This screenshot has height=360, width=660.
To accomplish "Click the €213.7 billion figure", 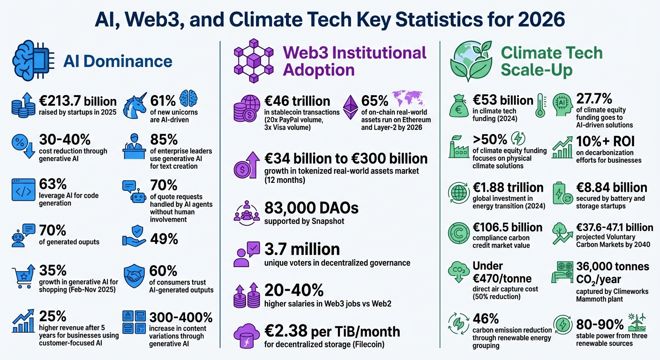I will point(77,101).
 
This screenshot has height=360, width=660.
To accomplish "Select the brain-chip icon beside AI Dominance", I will point(34,60).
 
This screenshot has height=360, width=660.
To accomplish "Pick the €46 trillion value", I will point(297,101).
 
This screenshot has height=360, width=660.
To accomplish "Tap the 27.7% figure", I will point(594,99).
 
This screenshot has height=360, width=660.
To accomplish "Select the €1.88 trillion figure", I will point(508,187).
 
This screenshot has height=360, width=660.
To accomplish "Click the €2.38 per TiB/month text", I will point(332,331).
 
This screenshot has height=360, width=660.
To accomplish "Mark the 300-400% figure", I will point(181,317).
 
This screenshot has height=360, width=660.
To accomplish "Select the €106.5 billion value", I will point(508,227).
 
